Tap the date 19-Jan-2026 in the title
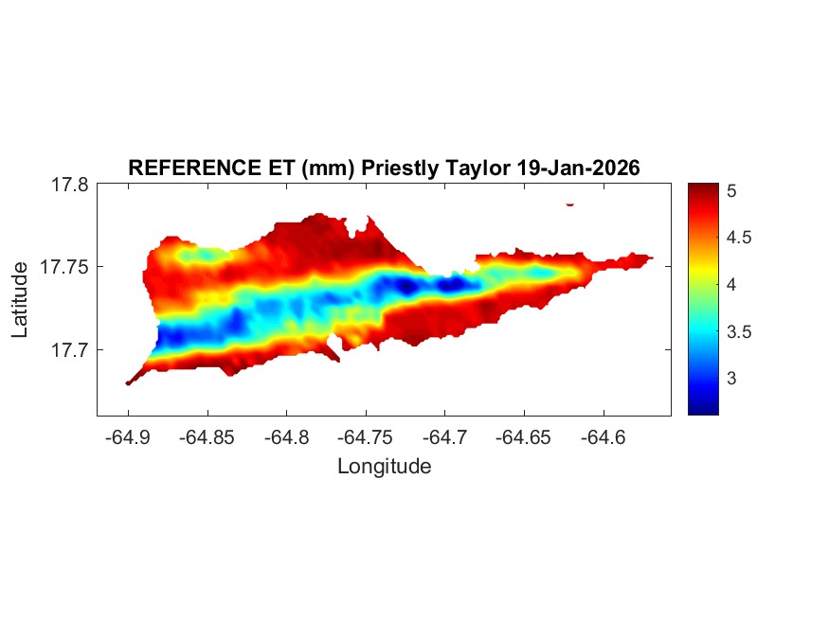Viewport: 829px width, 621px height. click(579, 168)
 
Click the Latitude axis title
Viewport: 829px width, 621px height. click(20, 300)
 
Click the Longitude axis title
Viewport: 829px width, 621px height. click(384, 467)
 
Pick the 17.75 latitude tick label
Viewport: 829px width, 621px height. click(64, 267)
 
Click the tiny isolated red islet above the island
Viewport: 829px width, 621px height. click(570, 204)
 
